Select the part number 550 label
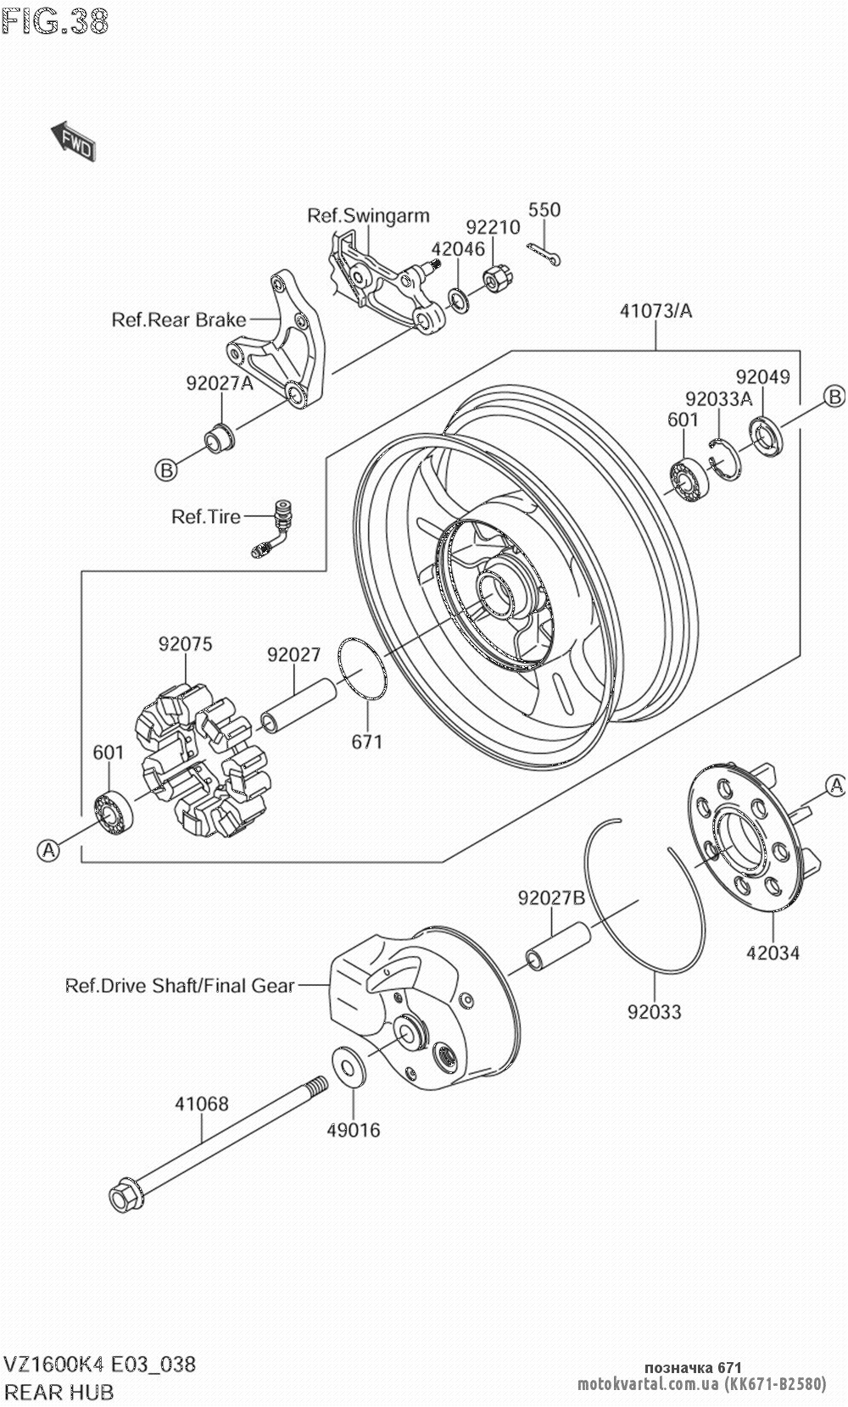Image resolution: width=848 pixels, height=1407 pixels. pyautogui.click(x=544, y=209)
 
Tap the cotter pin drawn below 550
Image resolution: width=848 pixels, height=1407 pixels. pyautogui.click(x=547, y=254)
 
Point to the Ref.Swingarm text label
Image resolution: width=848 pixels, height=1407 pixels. pyautogui.click(x=368, y=215)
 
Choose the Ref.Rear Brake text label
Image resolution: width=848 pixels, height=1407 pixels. pyautogui.click(x=178, y=320)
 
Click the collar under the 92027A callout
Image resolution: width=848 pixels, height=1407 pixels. pyautogui.click(x=220, y=432)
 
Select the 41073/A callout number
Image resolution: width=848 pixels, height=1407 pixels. pyautogui.click(x=656, y=310)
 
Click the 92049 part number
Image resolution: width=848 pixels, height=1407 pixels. pyautogui.click(x=762, y=376)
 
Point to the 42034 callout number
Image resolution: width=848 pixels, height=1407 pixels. pyautogui.click(x=773, y=953)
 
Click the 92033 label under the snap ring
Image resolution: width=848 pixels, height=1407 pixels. pyautogui.click(x=655, y=1011)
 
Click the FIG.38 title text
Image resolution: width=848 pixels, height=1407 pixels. pyautogui.click(x=55, y=22)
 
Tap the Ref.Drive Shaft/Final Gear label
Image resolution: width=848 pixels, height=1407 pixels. pyautogui.click(x=180, y=986)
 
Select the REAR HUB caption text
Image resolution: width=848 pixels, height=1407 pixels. pyautogui.click(x=59, y=1392)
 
